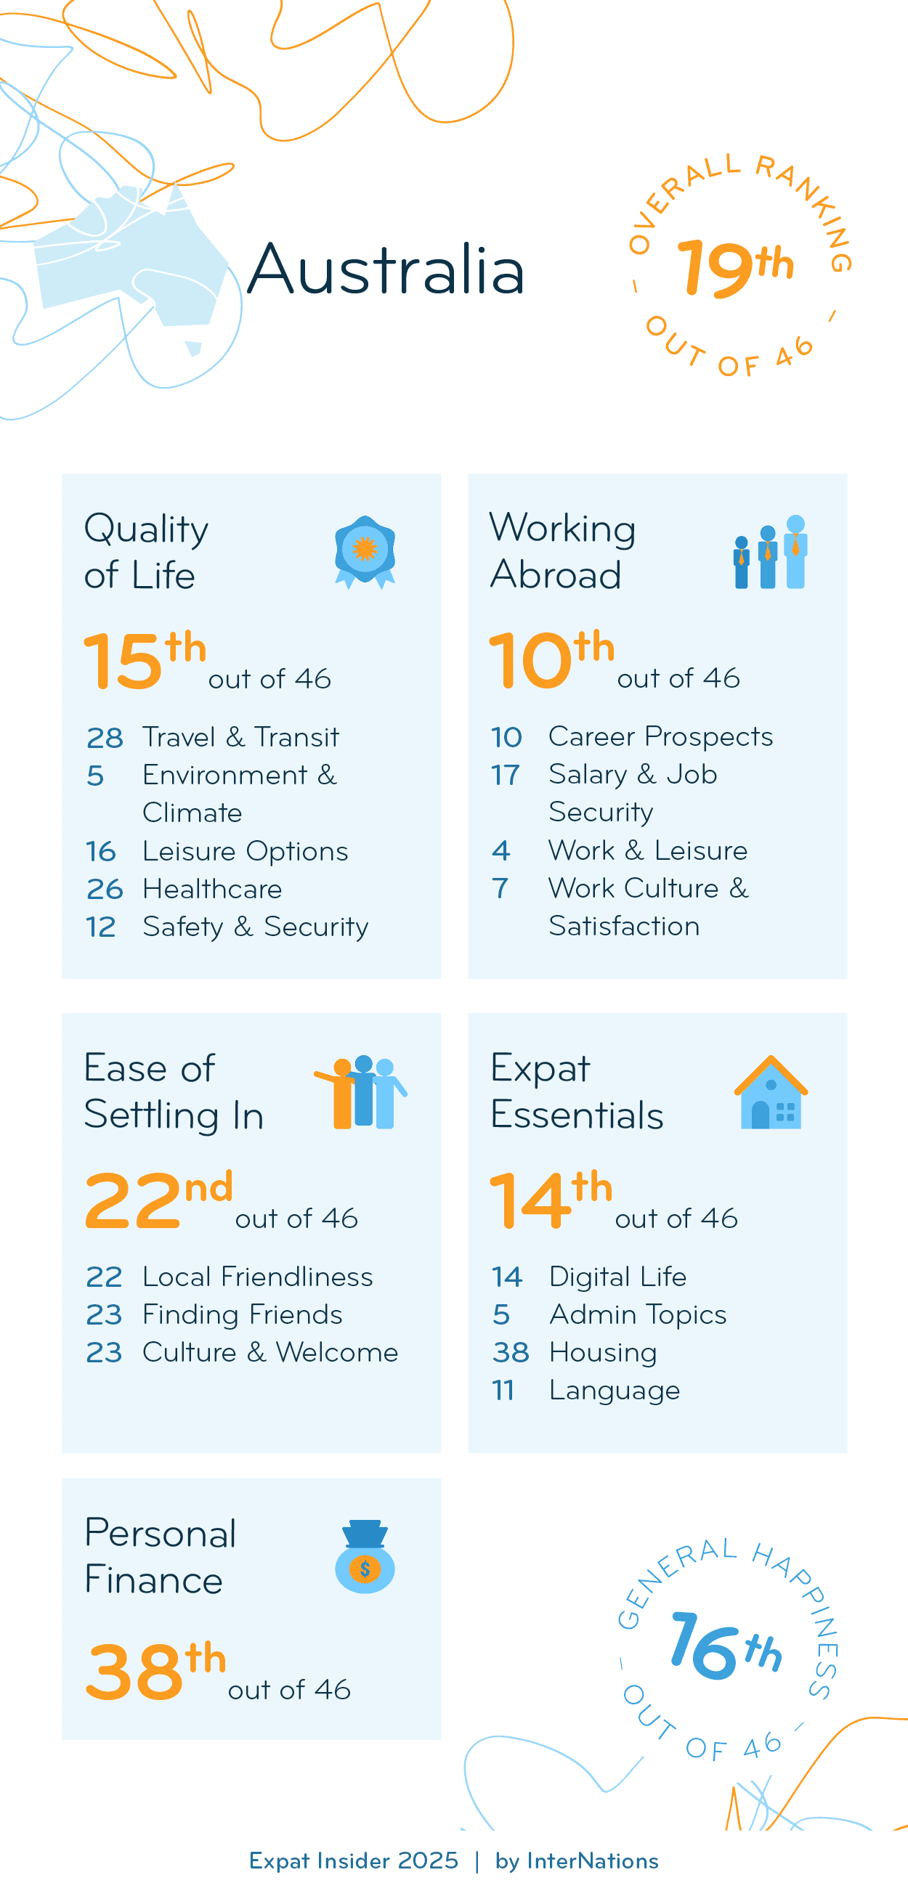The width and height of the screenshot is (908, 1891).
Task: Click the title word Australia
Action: coord(386,269)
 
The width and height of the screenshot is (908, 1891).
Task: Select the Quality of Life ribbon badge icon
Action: coord(365,551)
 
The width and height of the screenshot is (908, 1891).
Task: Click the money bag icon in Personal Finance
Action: coord(365,1556)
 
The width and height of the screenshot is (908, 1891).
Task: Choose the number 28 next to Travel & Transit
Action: coord(104,738)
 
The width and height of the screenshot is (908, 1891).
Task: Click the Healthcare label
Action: coord(212,889)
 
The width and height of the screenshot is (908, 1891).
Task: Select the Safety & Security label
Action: coord(255,927)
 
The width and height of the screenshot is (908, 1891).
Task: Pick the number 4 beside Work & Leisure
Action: coord(500,850)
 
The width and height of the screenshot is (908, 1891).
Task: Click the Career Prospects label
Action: coord(660,736)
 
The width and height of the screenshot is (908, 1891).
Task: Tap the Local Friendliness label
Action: coord(257,1277)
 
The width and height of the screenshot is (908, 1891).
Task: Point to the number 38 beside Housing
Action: coord(510,1352)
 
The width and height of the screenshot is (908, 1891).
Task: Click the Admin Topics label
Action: coord(637,1314)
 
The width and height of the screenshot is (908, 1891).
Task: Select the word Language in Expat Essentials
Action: coord(614,1391)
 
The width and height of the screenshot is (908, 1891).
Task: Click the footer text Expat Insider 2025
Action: coord(353,1861)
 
